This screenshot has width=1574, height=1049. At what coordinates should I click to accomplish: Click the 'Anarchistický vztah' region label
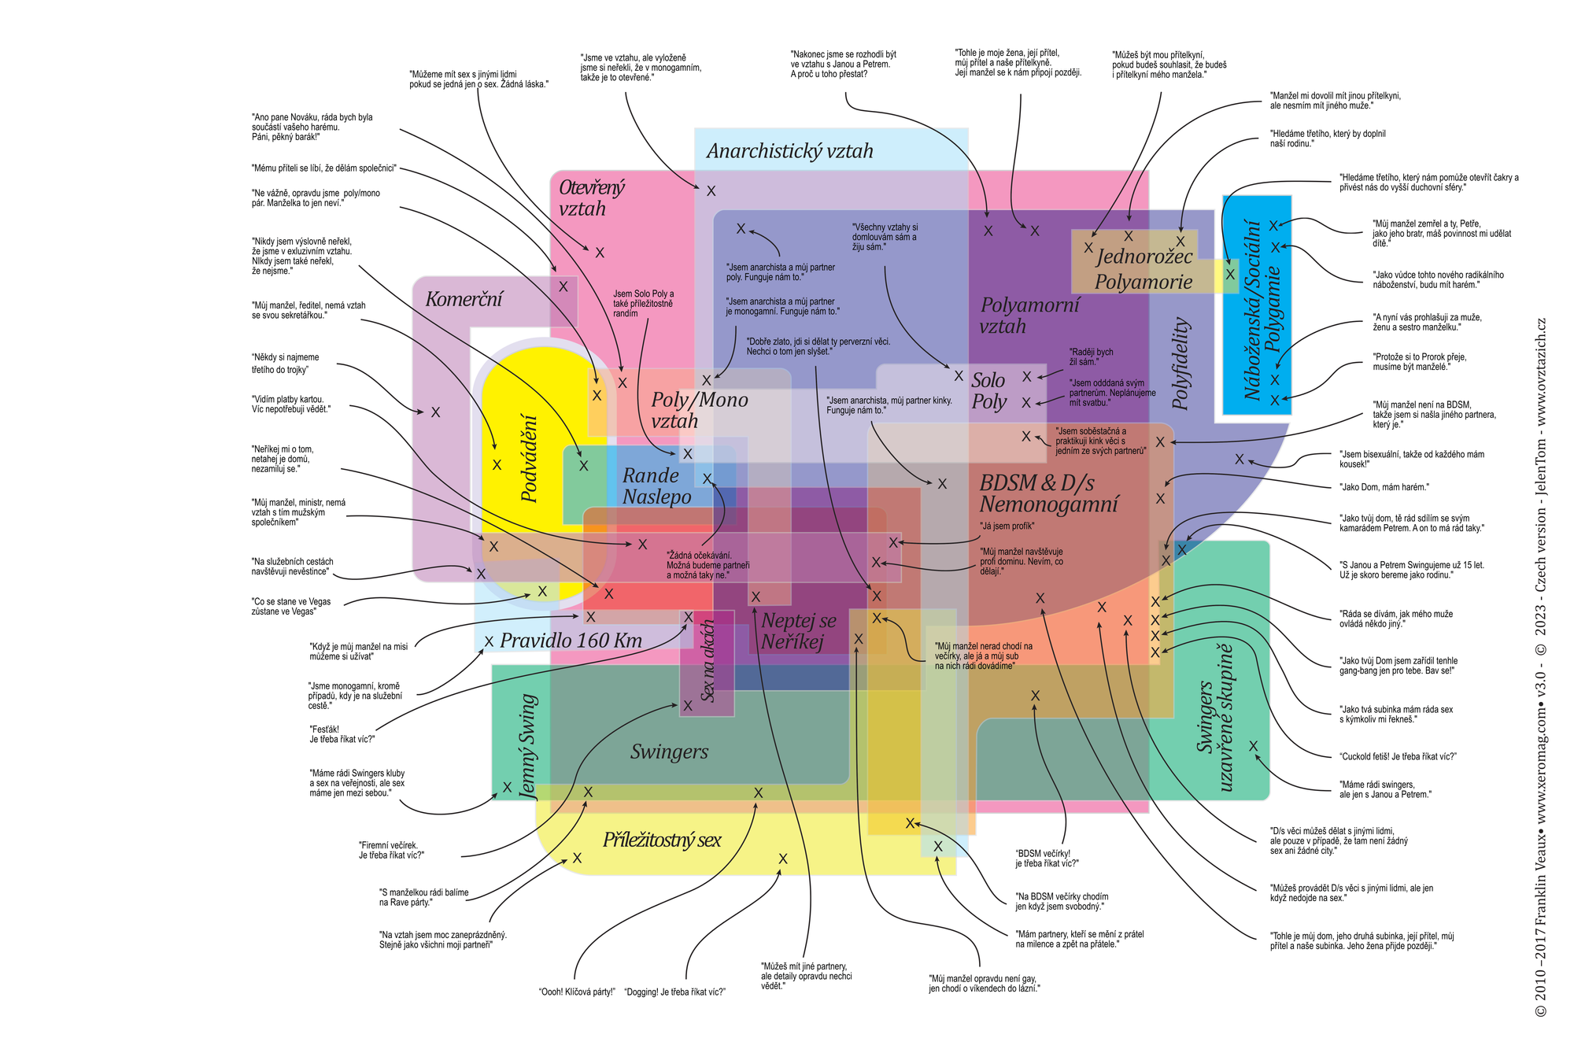tap(789, 151)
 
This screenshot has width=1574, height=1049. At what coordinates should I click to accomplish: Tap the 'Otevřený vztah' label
tap(591, 198)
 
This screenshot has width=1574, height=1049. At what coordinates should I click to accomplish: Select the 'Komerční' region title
tap(464, 299)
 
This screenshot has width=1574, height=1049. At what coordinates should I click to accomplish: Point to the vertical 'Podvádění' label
tap(530, 459)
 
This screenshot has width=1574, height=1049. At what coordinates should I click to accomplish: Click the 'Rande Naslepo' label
tap(656, 486)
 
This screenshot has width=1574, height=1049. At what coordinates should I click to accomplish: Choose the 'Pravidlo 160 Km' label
tap(571, 641)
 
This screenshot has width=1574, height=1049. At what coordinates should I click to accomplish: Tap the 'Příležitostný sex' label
tap(662, 840)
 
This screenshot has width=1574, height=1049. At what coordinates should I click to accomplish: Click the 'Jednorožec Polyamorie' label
tap(1144, 269)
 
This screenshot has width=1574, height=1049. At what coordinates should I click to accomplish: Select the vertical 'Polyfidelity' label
tap(1180, 364)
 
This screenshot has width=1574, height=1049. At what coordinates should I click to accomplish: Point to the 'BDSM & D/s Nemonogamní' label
tap(1048, 493)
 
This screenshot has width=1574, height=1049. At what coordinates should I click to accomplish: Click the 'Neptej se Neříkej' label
tap(798, 631)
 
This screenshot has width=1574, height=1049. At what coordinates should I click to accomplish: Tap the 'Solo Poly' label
tap(988, 391)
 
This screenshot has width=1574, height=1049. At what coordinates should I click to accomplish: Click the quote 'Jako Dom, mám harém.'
tap(1384, 487)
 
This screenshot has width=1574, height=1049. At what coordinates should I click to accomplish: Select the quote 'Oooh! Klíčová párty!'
tap(576, 992)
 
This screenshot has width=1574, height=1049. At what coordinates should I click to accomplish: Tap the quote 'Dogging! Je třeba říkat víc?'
tap(674, 992)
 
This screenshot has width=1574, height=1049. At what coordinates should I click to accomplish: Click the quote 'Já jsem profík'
tap(1007, 526)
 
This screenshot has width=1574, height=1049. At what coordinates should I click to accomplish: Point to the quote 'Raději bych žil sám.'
tap(1091, 356)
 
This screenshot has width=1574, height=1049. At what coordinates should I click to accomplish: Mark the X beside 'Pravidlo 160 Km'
tap(489, 641)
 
